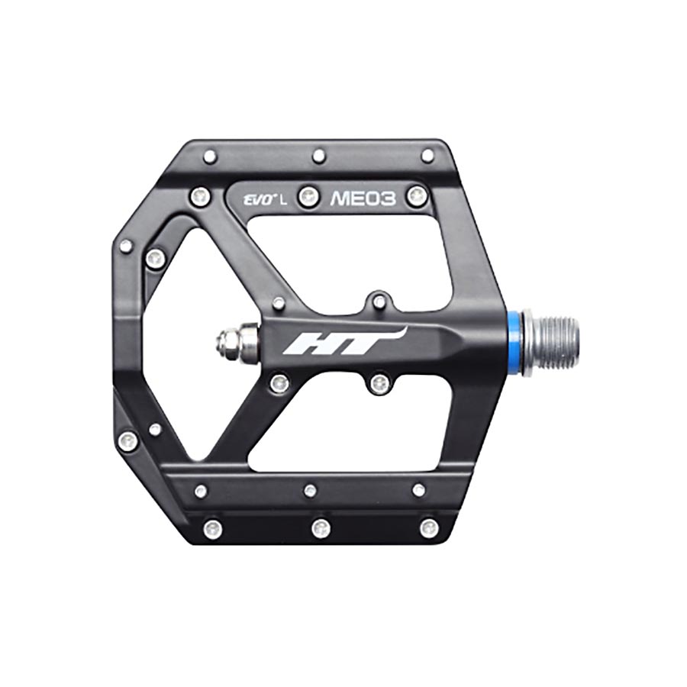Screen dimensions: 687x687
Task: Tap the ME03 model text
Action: tap(363, 199)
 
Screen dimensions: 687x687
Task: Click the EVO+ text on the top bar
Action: tap(257, 201)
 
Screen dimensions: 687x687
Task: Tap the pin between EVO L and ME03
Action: tap(308, 197)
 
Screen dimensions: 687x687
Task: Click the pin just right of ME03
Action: tap(417, 196)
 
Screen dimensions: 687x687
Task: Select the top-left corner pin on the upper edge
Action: tap(210, 156)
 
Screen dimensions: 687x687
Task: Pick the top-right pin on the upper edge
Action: tap(427, 156)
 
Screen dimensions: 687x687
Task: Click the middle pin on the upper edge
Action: tap(319, 156)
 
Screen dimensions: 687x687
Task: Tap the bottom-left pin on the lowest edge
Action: tap(213, 528)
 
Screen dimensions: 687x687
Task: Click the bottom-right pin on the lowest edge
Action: tap(429, 527)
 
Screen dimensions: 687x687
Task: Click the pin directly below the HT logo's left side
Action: tap(279, 382)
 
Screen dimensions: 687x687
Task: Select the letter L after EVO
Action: tap(284, 201)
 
